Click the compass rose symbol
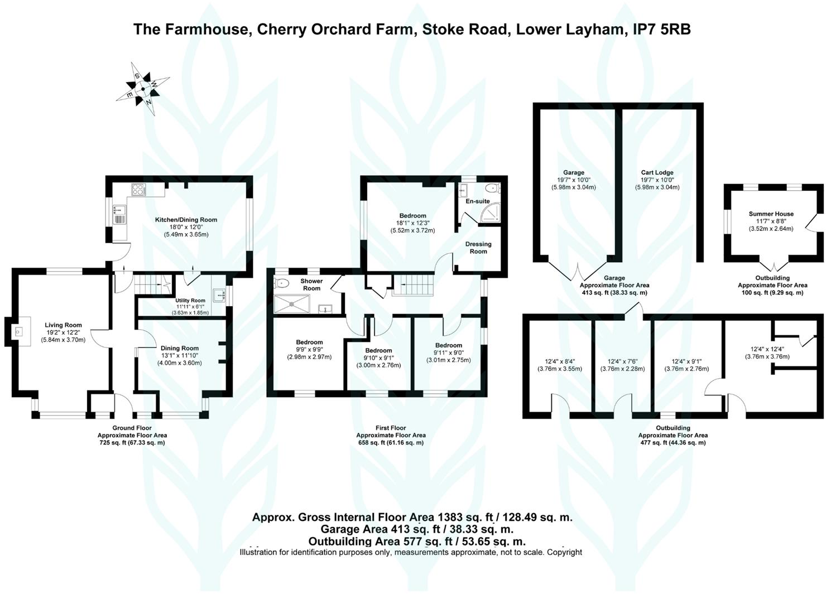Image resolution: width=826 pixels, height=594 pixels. coord(143,89)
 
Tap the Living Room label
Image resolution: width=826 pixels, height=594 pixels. coord(63,325)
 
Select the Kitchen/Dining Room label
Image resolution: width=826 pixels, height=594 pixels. coord(186,220)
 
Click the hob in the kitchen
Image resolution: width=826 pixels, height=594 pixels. coord(138,190)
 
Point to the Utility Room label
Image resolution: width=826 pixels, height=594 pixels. coord(190,301)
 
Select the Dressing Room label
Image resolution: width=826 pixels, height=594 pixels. coord(478,248)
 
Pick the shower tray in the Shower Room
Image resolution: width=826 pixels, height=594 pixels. coord(291,305)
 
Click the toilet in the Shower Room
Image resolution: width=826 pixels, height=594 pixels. coord(281,283)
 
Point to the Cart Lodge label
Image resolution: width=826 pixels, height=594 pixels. coord(657,173)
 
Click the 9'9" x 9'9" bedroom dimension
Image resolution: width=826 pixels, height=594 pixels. coord(309,350)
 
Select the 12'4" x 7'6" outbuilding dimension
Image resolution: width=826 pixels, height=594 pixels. coord(622,361)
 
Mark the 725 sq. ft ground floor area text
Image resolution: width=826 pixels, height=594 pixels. coord(132,442)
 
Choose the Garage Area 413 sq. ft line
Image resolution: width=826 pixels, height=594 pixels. coord(417,529)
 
